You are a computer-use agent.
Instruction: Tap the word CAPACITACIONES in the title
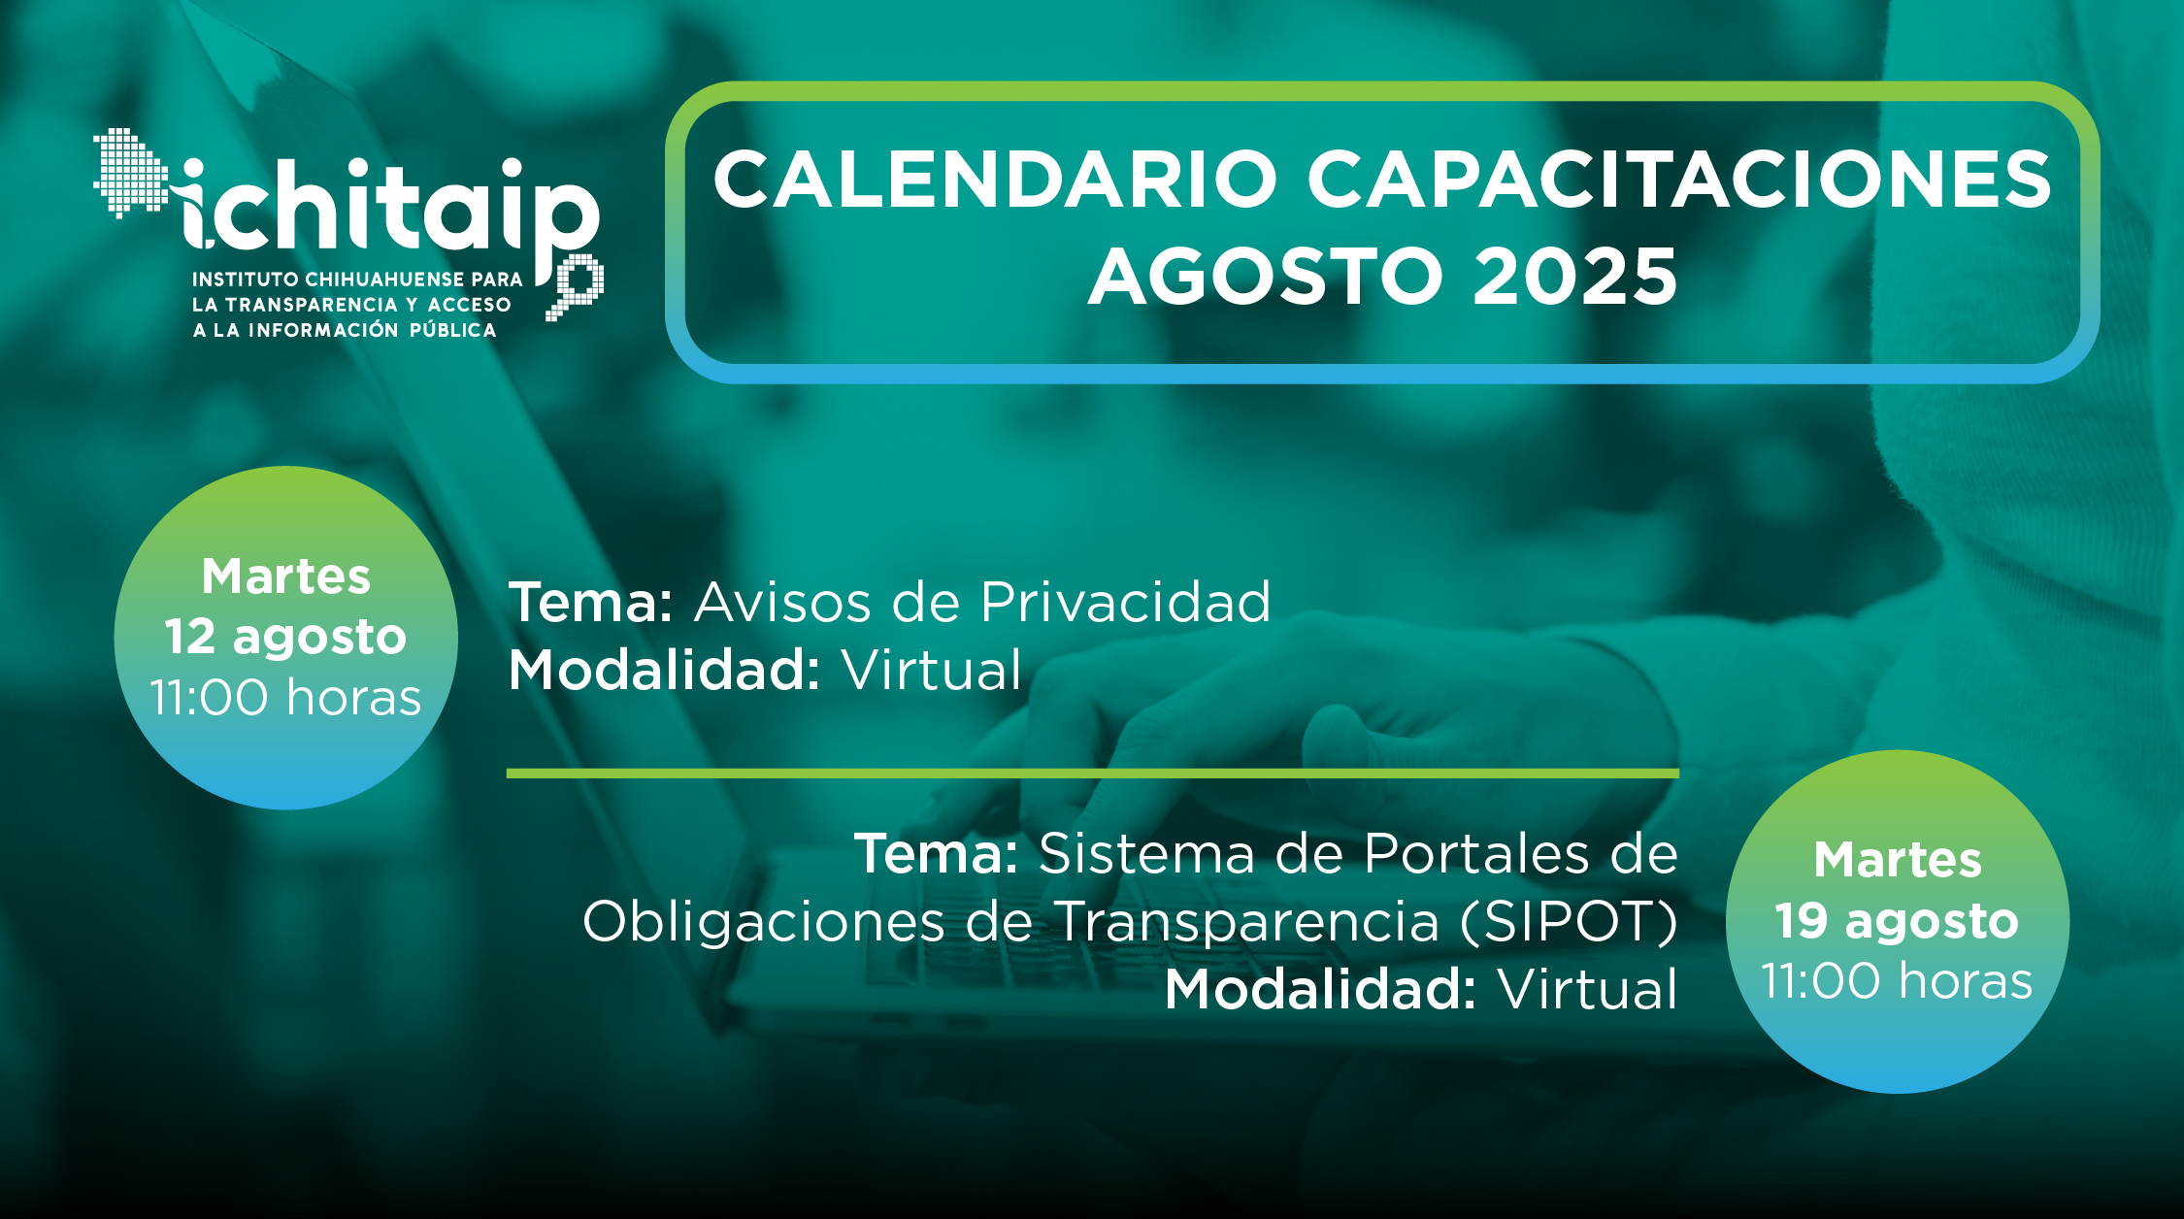click(1680, 180)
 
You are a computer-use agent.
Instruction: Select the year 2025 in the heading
click(1575, 276)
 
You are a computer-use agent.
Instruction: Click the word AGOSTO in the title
click(1266, 276)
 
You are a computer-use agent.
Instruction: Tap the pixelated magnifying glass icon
click(575, 287)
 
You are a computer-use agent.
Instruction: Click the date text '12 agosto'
click(285, 638)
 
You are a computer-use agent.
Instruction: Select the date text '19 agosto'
click(1897, 921)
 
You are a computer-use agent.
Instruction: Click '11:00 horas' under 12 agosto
click(285, 698)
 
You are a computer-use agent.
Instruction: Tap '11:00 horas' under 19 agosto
click(1897, 981)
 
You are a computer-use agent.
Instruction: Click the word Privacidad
click(1126, 603)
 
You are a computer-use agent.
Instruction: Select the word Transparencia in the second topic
click(1246, 923)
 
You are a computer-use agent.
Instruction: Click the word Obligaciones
click(763, 923)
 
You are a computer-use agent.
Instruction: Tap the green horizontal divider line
click(1093, 774)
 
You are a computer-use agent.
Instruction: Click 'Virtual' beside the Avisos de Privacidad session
click(932, 670)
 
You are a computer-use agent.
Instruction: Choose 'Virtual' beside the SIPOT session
click(1588, 990)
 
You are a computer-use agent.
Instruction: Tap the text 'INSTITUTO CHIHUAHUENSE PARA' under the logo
click(357, 280)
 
